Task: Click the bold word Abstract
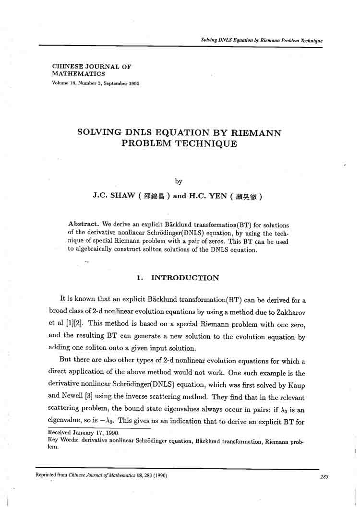click(84, 225)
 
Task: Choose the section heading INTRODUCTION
click(185, 278)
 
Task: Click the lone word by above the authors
click(179, 181)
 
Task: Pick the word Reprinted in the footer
click(47, 475)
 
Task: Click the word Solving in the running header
click(209, 40)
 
